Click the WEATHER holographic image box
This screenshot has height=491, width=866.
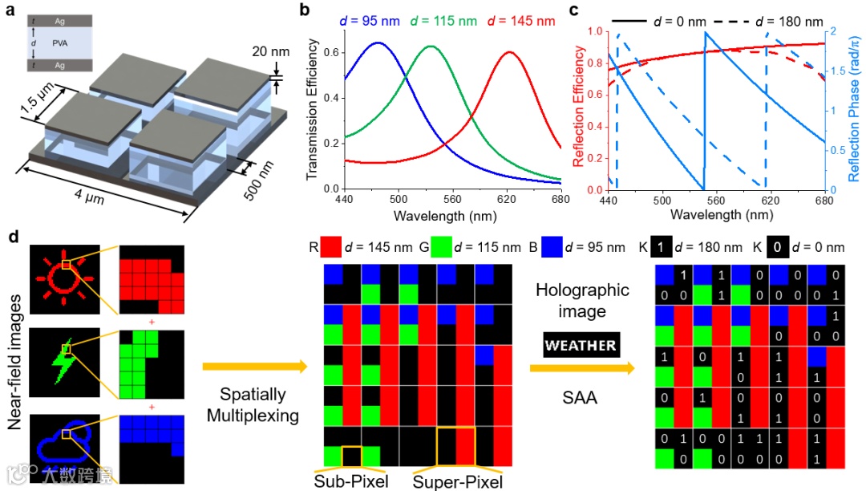[581, 346]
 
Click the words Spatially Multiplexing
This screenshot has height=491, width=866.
[253, 405]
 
